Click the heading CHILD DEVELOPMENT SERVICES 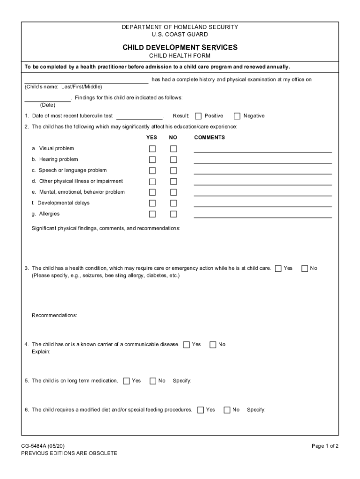click(180, 47)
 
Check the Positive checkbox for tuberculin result click(198, 116)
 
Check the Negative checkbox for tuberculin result click(237, 116)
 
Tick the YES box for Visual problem click(152, 149)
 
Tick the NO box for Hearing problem click(173, 160)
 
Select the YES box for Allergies click(152, 214)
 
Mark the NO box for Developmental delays click(173, 203)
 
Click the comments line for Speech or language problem click(263, 173)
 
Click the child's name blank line click(86, 82)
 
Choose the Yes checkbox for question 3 click(279, 269)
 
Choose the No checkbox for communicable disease click(213, 345)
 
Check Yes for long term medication click(127, 381)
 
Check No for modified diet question click(227, 410)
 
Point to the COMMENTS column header click(209, 138)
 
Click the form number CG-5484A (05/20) click(46, 446)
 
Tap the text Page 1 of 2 click(325, 446)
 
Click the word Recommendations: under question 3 click(54, 315)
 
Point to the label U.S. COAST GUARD click(180, 34)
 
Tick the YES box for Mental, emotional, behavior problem click(152, 192)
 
